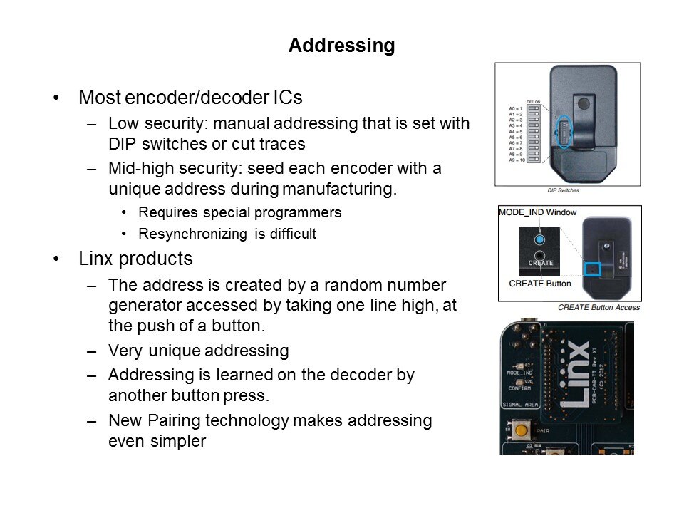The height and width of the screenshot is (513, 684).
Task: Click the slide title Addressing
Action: point(341,46)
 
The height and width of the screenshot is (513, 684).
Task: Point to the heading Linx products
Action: point(135,258)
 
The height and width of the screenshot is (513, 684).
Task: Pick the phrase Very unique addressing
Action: point(198,351)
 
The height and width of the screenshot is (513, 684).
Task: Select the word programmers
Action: point(304,212)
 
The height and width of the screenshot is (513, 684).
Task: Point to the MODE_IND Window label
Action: point(537,213)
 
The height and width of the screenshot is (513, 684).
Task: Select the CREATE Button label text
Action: point(539,284)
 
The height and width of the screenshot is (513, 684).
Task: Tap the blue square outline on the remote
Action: point(593,270)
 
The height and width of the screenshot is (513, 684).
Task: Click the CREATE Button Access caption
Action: point(598,307)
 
